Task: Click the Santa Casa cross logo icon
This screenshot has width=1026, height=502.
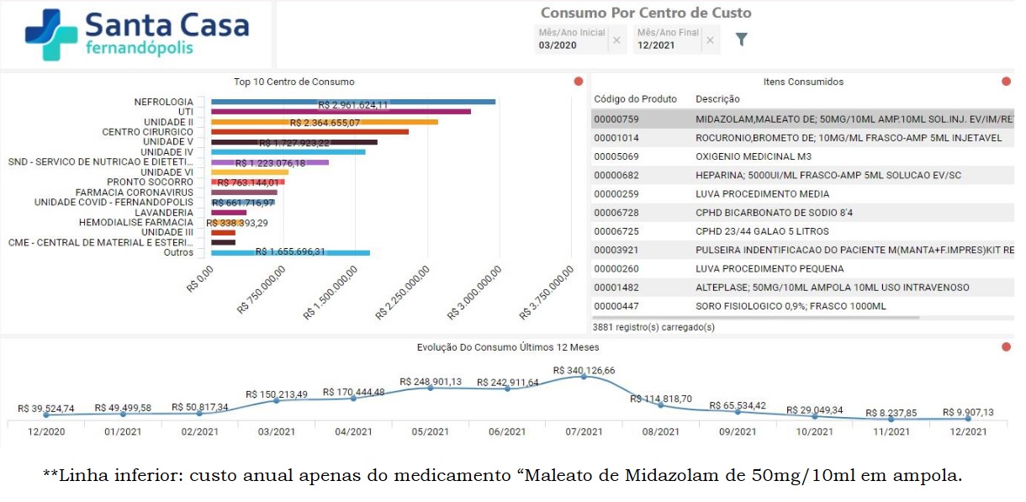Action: tap(53, 34)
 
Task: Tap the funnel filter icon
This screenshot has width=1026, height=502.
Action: tap(741, 39)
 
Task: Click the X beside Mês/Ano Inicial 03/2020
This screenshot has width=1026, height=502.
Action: tap(616, 40)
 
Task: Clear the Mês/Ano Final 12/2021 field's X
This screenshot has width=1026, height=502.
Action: tap(710, 40)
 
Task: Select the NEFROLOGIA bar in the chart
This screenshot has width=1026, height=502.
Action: tap(353, 102)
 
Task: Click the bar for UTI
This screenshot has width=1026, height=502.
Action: tap(341, 112)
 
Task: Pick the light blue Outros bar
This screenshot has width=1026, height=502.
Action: tap(290, 252)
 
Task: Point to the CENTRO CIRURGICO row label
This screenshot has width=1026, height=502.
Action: tap(147, 132)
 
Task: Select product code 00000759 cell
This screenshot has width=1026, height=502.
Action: tap(616, 119)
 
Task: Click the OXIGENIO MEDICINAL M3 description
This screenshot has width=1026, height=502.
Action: tap(753, 156)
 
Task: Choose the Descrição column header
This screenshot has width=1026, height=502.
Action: tap(717, 99)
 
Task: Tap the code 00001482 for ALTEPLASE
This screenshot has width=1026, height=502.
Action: tap(616, 288)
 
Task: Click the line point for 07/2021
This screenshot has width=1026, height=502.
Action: tap(584, 377)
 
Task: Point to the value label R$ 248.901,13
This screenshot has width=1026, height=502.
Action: tap(430, 382)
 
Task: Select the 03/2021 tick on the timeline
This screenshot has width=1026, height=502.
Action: tap(276, 431)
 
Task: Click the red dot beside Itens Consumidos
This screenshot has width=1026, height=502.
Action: tap(1006, 82)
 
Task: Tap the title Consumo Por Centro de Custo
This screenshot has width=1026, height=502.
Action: tap(645, 13)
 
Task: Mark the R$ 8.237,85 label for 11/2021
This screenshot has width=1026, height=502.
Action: tap(891, 413)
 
